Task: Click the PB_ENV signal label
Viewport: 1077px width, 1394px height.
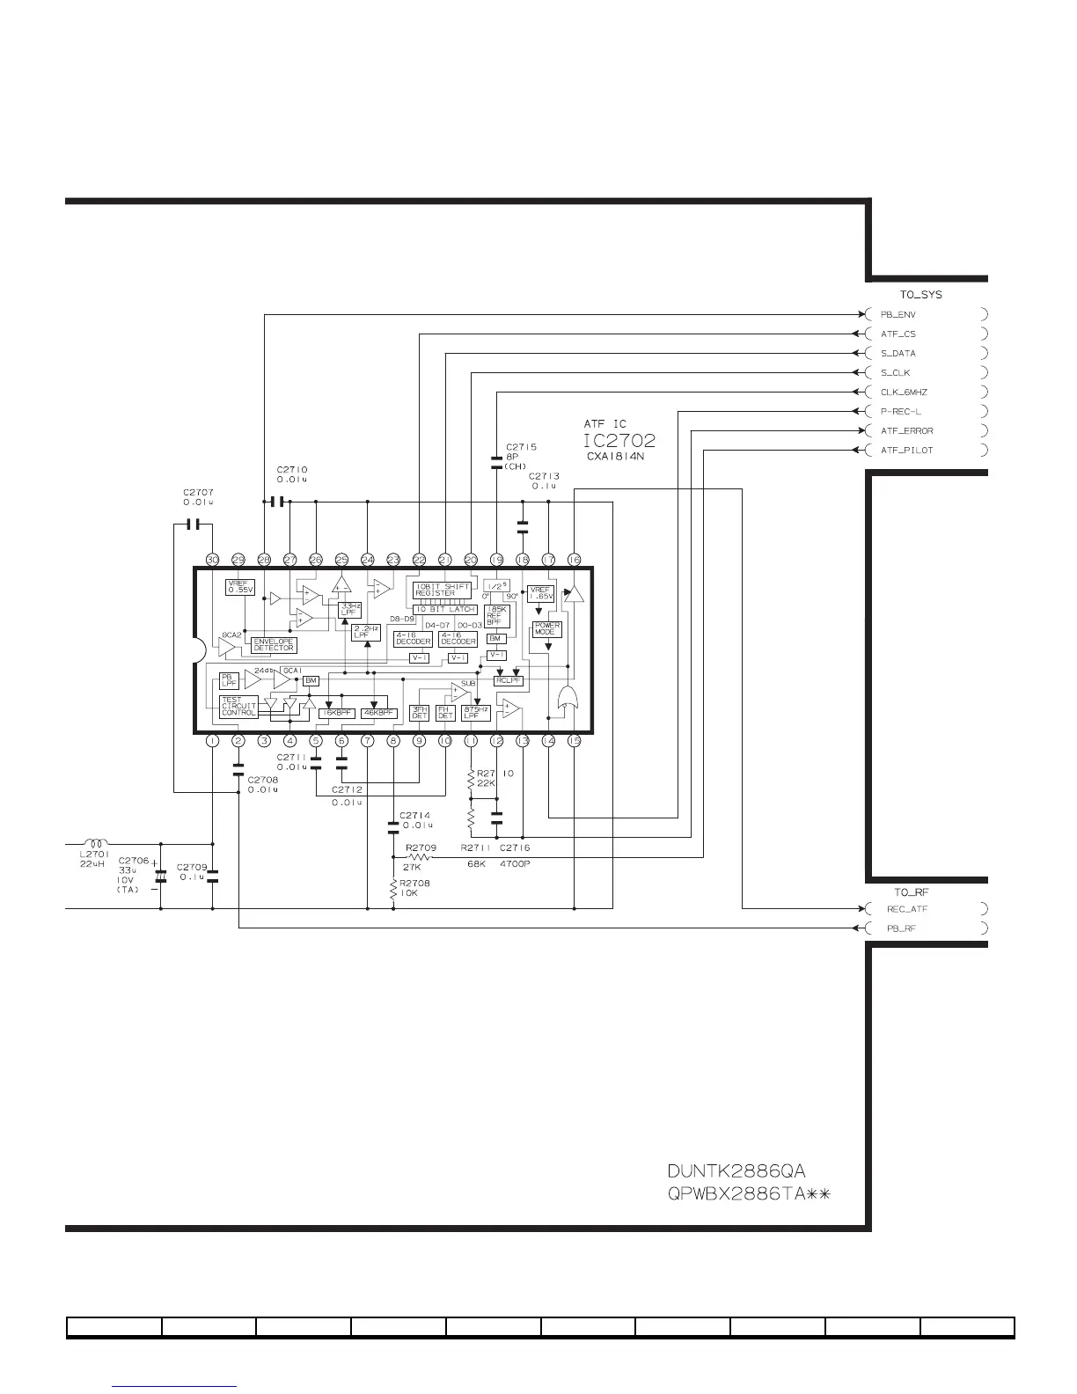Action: pos(898,314)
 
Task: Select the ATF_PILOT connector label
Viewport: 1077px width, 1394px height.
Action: pos(906,451)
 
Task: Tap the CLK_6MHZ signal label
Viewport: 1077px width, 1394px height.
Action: pos(904,393)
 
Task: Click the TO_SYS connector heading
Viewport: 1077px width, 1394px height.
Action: pos(920,295)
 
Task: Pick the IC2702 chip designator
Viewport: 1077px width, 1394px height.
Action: pos(619,441)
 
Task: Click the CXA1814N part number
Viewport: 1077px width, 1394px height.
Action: pos(615,458)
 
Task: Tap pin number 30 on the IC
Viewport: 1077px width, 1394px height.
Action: pos(212,560)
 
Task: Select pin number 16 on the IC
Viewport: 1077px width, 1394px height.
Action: pos(574,560)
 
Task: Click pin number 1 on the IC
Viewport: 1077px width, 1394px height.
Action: pos(212,741)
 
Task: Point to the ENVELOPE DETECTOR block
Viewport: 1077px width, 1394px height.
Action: pos(274,645)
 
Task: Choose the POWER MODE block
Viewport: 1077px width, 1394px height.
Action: pos(547,629)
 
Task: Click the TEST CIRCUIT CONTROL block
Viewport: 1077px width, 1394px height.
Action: pos(238,706)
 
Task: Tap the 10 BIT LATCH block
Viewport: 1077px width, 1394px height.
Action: pos(444,609)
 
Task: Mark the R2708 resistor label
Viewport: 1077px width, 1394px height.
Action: pos(414,883)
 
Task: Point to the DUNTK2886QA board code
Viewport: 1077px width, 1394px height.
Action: pos(736,1171)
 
